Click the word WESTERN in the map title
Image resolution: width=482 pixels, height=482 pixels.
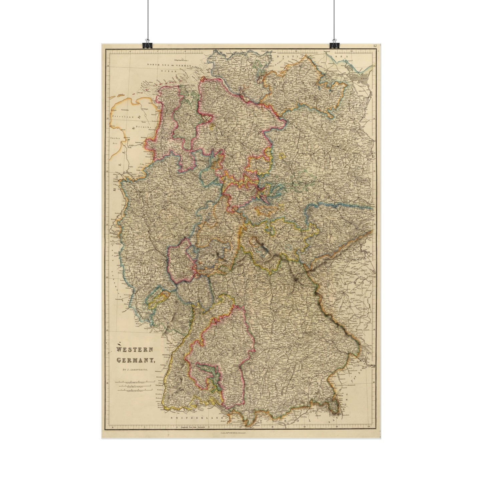coord(134,350)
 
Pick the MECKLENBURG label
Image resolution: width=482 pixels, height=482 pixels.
coord(302,85)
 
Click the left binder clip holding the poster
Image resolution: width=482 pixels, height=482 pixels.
coord(147,44)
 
